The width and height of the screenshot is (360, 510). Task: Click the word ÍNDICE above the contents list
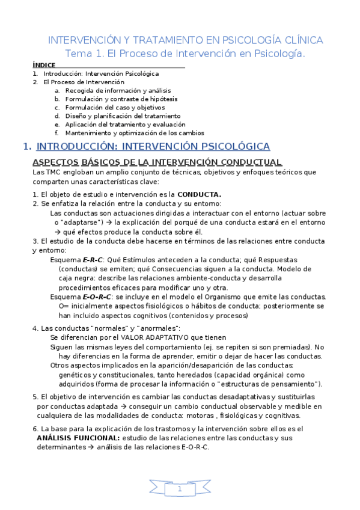(x=44, y=65)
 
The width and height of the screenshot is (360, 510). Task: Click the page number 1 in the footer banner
(x=179, y=490)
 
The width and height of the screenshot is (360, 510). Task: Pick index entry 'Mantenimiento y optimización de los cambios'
(x=135, y=133)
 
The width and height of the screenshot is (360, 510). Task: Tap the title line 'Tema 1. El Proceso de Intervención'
(x=185, y=54)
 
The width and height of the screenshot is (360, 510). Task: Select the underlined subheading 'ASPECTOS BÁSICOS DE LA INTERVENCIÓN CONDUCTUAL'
(x=157, y=162)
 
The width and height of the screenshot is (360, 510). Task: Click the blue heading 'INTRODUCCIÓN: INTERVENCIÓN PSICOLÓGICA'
(x=153, y=146)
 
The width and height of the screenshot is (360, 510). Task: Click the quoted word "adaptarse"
(x=83, y=222)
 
